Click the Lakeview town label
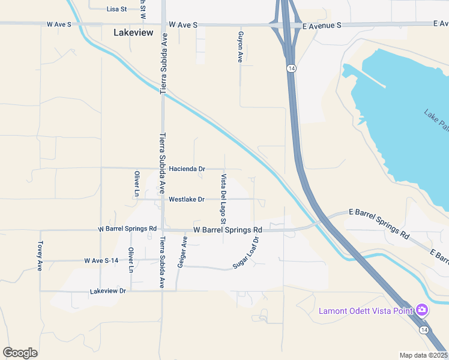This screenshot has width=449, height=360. (133, 33)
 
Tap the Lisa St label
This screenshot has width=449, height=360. (117, 9)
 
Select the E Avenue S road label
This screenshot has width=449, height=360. (322, 25)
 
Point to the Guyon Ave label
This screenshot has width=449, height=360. (240, 47)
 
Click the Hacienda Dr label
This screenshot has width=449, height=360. (187, 169)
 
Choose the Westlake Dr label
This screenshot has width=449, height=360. (187, 199)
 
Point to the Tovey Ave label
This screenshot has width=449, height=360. (40, 256)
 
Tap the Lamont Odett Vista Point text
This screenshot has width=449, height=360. (366, 310)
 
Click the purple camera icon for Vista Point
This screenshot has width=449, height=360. (422, 310)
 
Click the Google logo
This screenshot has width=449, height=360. (20, 353)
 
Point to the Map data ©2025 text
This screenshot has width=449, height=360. (423, 355)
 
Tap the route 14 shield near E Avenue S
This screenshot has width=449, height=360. (291, 68)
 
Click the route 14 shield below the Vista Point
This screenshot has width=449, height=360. (424, 330)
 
